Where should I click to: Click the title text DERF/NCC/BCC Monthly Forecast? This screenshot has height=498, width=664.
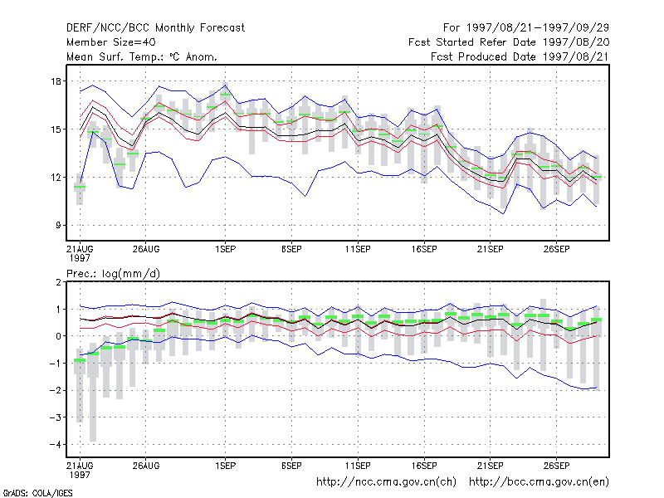click(155, 28)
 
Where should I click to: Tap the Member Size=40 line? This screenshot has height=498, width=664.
click(111, 42)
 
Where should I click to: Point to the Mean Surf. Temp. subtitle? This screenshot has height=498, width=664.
click(142, 56)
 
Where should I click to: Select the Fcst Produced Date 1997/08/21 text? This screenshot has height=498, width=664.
click(520, 56)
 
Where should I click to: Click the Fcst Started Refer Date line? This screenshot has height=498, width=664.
click(509, 42)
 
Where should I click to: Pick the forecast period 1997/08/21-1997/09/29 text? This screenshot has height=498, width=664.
click(526, 28)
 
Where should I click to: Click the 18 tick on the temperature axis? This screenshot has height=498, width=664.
click(56, 81)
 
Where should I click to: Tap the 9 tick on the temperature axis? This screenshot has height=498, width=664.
click(58, 225)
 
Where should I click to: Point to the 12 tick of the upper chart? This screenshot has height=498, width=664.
click(56, 178)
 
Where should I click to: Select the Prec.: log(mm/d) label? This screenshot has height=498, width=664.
click(113, 274)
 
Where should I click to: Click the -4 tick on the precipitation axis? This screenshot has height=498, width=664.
click(55, 444)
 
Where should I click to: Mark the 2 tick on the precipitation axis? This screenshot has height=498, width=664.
click(58, 282)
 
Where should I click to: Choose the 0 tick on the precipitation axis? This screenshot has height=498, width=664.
click(58, 336)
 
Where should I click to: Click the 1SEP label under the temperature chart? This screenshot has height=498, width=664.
click(225, 250)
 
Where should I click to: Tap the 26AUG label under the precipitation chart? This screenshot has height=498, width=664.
click(146, 466)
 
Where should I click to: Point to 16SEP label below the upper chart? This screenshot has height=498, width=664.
click(424, 250)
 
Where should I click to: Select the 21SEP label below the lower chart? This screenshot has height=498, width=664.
click(491, 466)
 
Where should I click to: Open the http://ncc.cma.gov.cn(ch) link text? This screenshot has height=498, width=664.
click(386, 482)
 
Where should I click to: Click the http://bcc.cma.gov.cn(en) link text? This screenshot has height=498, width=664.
click(539, 482)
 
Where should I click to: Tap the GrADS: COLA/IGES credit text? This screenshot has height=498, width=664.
click(37, 493)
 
